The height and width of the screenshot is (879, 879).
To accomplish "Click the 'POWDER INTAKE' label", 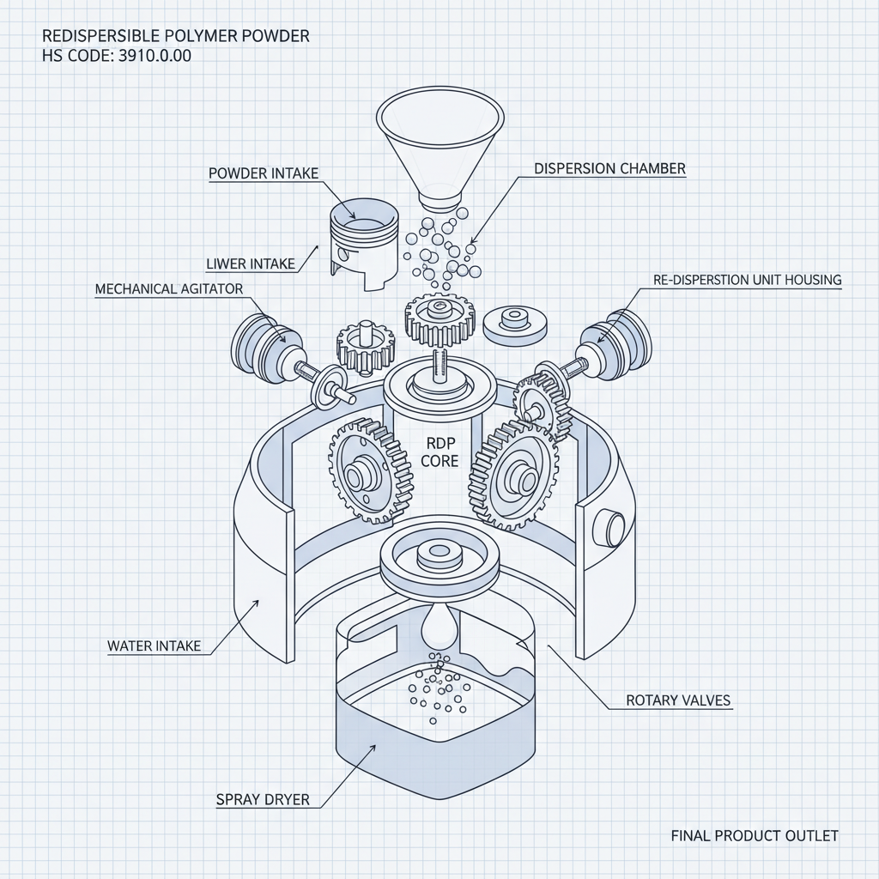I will tap(264, 173).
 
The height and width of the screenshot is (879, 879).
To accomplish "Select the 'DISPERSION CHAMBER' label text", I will tap(609, 169).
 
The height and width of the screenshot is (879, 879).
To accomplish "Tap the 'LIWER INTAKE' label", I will tap(251, 264).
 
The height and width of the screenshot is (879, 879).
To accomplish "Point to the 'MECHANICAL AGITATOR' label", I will tap(169, 289).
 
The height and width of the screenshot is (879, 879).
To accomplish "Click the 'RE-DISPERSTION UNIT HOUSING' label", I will tap(747, 280).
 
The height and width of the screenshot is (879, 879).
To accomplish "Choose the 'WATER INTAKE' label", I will tap(154, 646).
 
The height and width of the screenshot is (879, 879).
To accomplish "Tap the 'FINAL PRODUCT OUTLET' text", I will tap(754, 835).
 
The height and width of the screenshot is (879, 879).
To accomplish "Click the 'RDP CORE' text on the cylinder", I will tap(439, 452).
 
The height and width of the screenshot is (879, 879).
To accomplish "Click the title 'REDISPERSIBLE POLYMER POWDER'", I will tap(175, 37).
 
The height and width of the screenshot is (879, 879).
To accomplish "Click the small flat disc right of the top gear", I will tap(515, 324).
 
